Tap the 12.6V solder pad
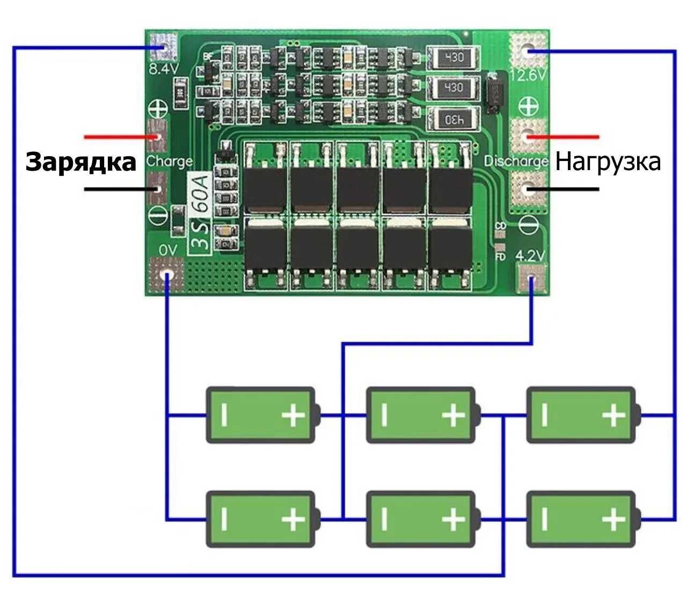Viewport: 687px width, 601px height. [529, 50]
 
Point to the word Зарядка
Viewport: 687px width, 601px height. [81, 162]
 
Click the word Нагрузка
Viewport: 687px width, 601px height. [608, 162]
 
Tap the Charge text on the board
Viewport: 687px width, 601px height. [169, 161]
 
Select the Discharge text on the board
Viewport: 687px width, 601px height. [516, 161]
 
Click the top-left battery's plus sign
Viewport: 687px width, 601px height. [293, 415]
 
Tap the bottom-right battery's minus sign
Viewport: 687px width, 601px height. [545, 519]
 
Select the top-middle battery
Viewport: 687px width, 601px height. [421, 415]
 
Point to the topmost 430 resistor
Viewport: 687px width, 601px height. [452, 57]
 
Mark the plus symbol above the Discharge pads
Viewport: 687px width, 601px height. [528, 105]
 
